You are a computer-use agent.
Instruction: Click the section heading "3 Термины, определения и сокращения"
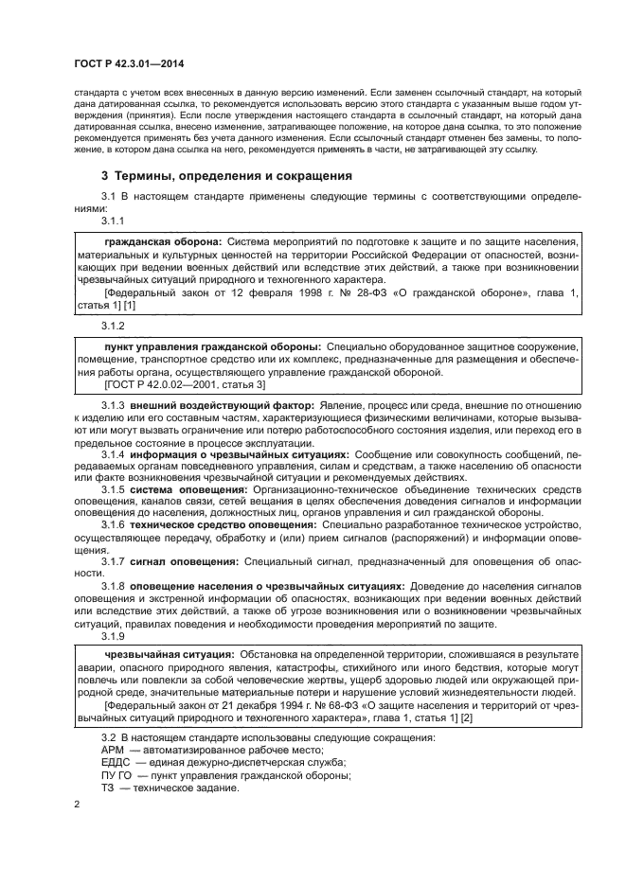coord(226,176)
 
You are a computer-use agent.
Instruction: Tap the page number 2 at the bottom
coord(78,805)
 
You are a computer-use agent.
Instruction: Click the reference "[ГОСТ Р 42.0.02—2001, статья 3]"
coord(186,384)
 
